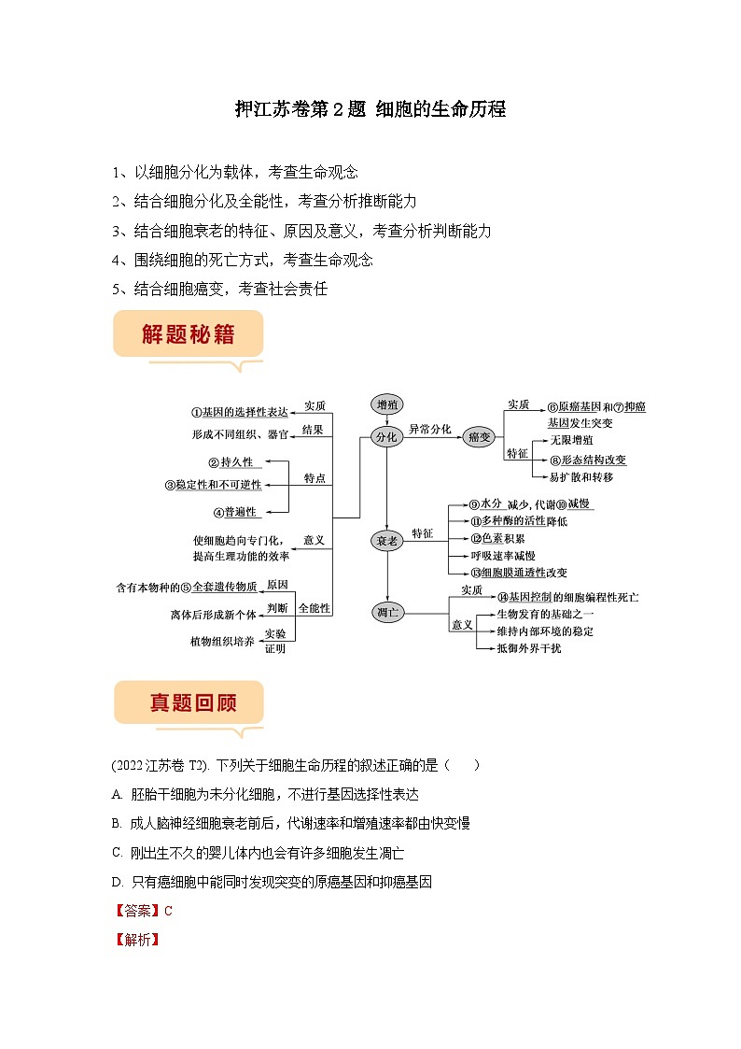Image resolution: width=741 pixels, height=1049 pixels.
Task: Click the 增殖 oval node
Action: click(x=386, y=404)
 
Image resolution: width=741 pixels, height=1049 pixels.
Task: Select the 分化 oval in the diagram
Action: click(x=385, y=436)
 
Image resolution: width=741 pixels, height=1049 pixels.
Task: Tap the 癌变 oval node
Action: click(x=479, y=437)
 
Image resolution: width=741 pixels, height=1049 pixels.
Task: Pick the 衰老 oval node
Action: click(x=386, y=541)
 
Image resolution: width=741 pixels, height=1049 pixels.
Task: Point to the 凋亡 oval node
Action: click(x=386, y=613)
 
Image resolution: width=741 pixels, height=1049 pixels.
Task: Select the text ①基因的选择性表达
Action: click(x=240, y=412)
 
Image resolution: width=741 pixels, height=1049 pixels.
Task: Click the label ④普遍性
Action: click(x=233, y=512)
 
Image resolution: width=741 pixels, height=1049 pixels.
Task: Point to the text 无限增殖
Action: click(x=571, y=439)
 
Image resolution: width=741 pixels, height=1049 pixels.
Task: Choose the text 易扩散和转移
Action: click(x=580, y=476)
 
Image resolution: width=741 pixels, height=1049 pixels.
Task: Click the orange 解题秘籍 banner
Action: click(x=188, y=334)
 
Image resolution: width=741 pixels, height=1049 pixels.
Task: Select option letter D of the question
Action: click(x=117, y=881)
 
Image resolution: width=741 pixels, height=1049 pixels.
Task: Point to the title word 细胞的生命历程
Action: click(x=440, y=109)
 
